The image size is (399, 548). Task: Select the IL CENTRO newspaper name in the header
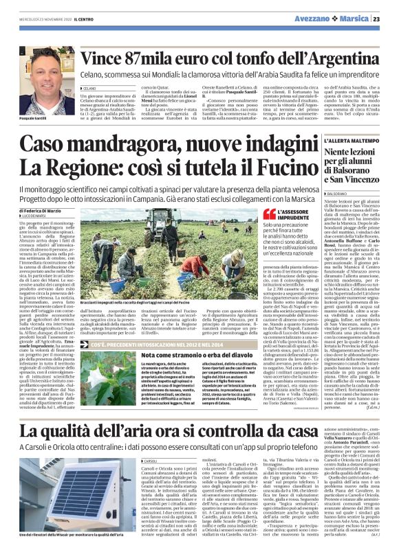(72, 19)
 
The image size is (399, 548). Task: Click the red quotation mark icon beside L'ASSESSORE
(269, 214)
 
